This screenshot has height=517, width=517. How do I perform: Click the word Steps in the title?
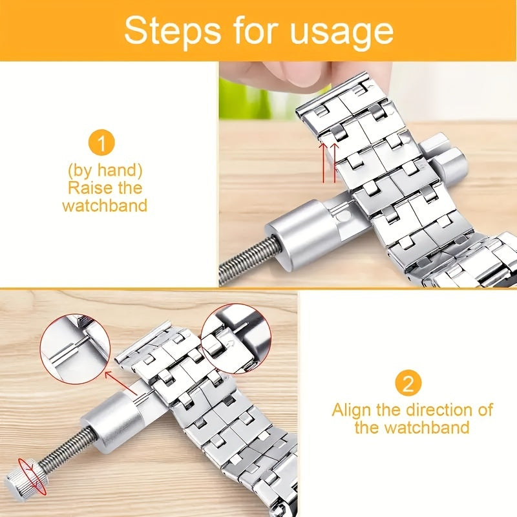pos(172,30)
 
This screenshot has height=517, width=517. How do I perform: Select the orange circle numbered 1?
pos(101,143)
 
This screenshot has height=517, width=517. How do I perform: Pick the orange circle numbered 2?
pos(408,384)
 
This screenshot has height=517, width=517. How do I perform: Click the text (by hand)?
pos(105,170)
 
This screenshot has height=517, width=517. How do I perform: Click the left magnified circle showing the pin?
pos(75,349)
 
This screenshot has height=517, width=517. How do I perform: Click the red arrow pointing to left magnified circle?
pos(121,383)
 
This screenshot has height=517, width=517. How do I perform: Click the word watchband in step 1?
pos(105,205)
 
